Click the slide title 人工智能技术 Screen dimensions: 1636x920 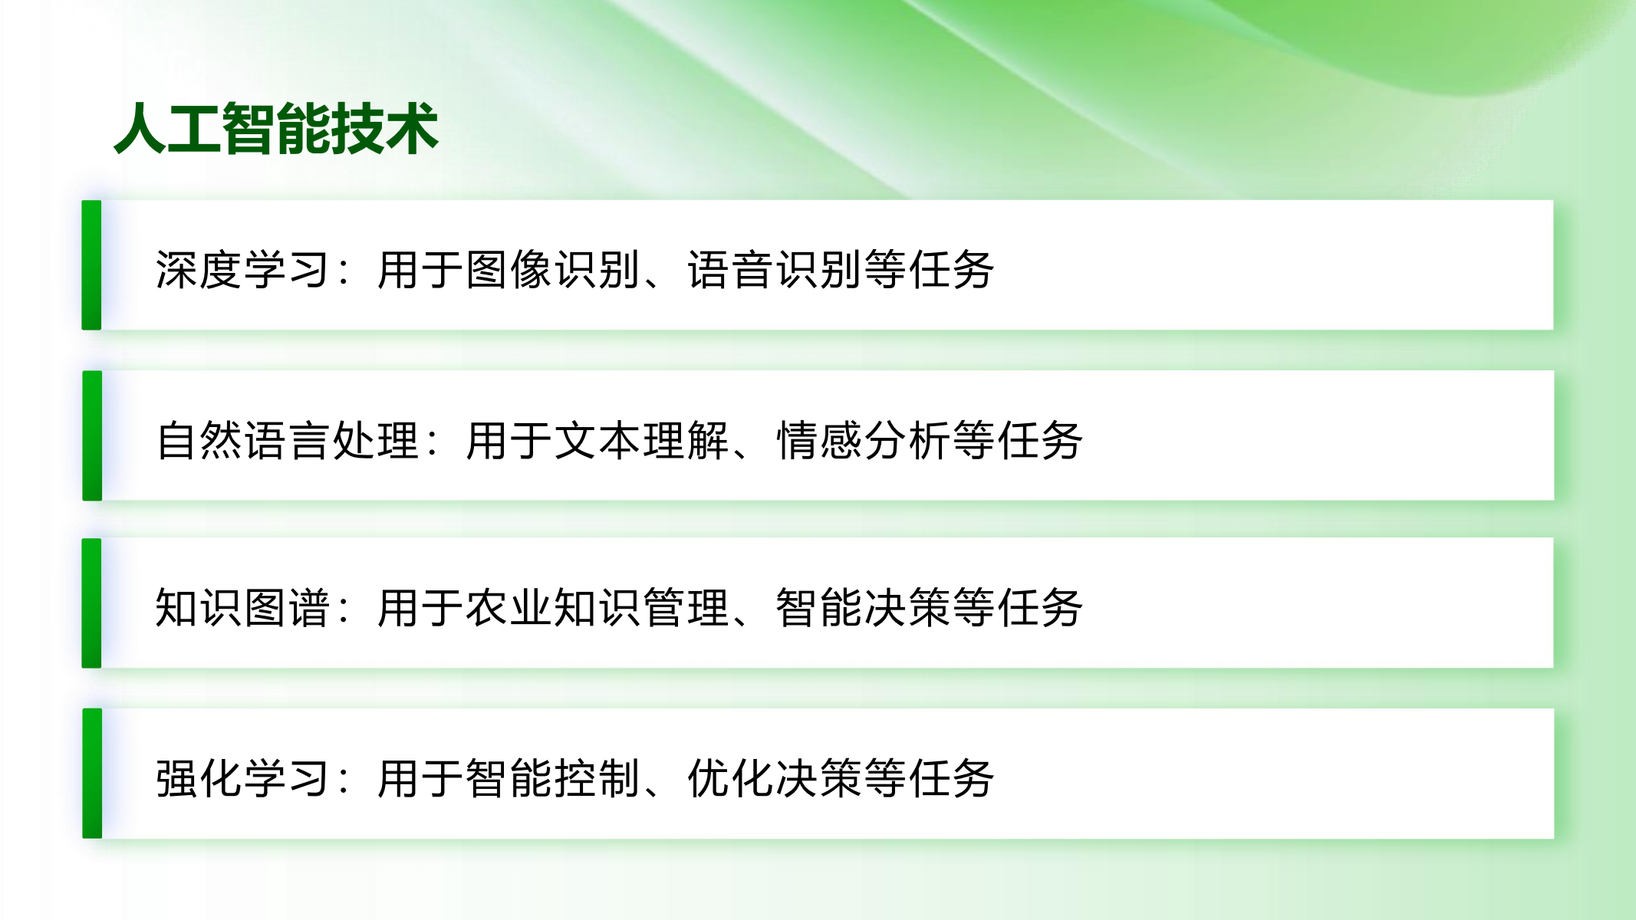pos(276,129)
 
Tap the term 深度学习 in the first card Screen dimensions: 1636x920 pos(242,270)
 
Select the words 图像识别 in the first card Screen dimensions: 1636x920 pos(553,270)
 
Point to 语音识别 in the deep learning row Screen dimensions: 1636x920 pos(775,270)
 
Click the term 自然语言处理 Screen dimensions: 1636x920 pos(287,441)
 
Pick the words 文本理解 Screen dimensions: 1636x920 pos(641,441)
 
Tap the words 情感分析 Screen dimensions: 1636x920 pos(864,441)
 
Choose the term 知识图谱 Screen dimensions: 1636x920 pos(242,608)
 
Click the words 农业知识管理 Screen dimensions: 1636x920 pos(597,608)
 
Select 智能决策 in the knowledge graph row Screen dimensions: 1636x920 pos(864,608)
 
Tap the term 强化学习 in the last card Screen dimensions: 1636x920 pos(242,778)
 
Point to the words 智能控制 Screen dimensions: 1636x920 pos(553,778)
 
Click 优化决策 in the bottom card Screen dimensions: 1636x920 pos(775,778)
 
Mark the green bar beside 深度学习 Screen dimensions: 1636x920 pos(92,265)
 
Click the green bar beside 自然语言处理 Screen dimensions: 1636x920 pos(92,435)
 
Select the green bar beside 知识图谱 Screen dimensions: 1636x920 pos(92,603)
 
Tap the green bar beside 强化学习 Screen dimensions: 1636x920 pos(92,774)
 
